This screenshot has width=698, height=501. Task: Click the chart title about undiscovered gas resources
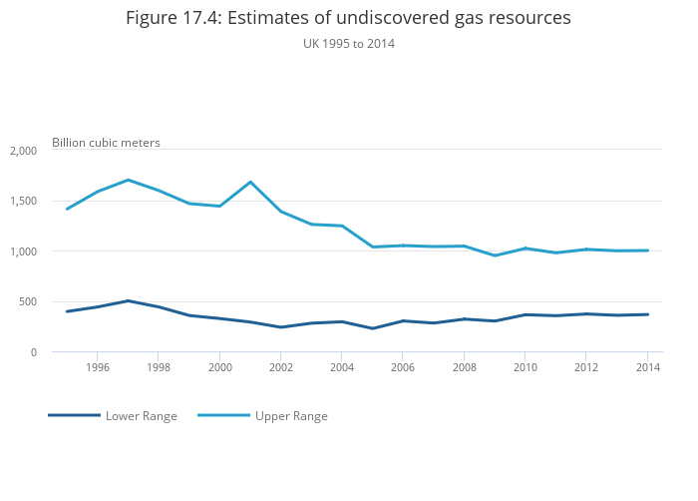348,18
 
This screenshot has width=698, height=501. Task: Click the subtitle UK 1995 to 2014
348,44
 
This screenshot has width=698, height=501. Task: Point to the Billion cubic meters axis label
106,143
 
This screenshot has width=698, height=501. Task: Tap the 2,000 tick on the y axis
22,151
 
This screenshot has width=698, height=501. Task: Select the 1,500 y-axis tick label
22,201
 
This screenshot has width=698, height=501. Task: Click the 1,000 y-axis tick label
22,251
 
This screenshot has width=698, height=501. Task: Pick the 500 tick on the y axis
27,301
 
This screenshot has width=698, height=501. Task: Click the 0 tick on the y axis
33,352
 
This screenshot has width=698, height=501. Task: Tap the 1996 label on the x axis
97,367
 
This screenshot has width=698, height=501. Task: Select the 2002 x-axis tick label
280,367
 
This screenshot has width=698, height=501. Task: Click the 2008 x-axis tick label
464,367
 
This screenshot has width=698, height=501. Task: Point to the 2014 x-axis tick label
647,367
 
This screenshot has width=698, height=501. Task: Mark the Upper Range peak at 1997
128,180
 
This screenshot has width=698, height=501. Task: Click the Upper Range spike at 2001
250,182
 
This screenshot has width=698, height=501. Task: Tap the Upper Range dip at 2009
495,255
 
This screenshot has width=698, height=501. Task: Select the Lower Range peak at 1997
128,300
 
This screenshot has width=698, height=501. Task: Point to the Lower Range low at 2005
372,328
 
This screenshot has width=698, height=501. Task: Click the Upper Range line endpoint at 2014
647,250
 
